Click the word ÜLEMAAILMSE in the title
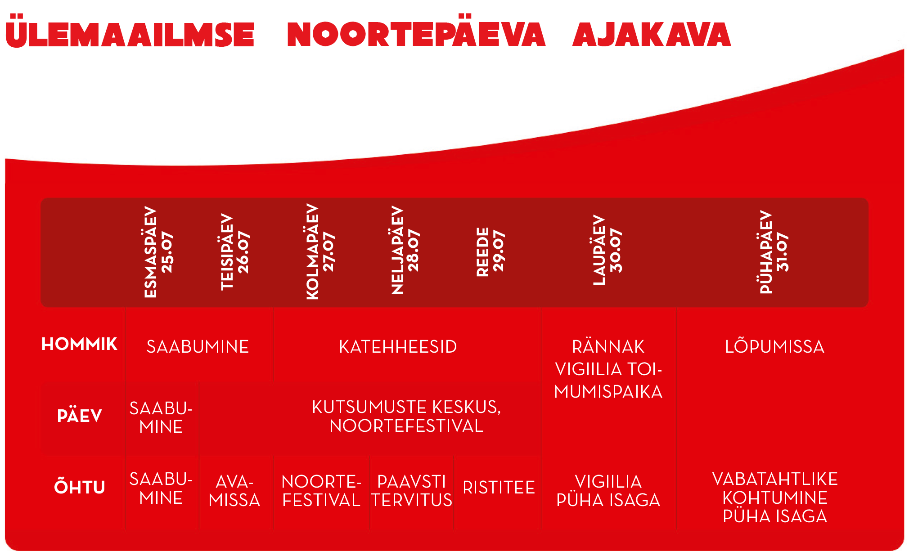click(x=130, y=34)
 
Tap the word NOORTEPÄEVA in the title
click(x=416, y=34)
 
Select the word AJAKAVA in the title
click(x=652, y=34)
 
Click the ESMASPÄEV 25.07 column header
click(x=158, y=252)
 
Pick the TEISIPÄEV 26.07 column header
click(x=234, y=252)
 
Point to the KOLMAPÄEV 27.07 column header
click(x=320, y=252)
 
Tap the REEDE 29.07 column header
click(x=490, y=252)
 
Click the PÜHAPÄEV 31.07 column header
click(x=774, y=252)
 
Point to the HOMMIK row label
click(x=79, y=345)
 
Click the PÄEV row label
click(x=79, y=416)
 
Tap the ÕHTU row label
click(x=79, y=488)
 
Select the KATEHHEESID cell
click(x=398, y=347)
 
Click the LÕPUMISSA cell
click(x=774, y=347)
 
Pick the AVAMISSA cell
click(x=234, y=491)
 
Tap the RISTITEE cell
click(x=499, y=488)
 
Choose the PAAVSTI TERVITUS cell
click(x=411, y=491)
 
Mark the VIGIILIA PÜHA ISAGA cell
click(x=608, y=491)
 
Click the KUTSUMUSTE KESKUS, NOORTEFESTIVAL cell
click(x=406, y=416)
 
